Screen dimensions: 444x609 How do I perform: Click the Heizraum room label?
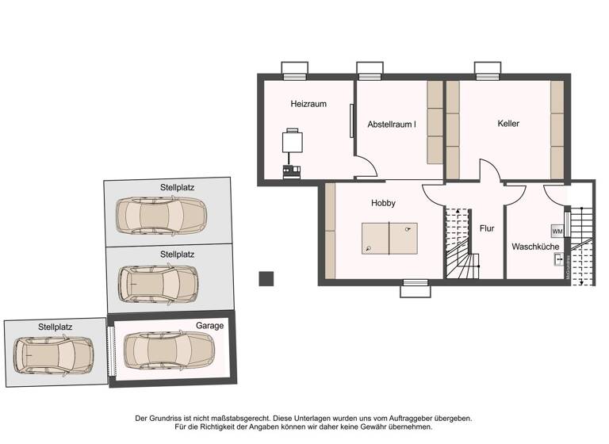coord(308,104)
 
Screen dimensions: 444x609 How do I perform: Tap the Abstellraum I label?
coord(391,124)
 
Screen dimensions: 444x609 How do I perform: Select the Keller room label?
coord(508,123)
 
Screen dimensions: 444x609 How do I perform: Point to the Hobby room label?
coord(383,203)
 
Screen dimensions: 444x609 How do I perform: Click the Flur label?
coord(487,228)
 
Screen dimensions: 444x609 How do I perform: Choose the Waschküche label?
coord(535,247)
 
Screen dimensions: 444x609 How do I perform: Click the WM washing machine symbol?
coord(557,231)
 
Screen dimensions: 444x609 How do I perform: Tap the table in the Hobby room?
coord(389,239)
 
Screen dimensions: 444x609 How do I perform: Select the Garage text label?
coord(209,325)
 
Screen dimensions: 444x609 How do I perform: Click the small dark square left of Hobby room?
coord(266,278)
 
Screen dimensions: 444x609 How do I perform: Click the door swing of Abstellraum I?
coord(366,168)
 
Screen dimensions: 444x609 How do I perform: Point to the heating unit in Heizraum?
coord(292,144)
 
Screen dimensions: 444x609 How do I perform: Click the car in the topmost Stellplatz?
coord(161,215)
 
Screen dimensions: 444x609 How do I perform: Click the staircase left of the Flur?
coord(458,245)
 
